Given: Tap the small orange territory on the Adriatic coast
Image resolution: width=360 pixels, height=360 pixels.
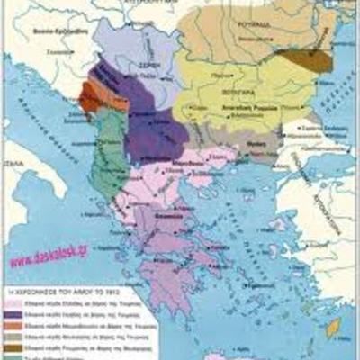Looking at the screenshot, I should pos(90,96).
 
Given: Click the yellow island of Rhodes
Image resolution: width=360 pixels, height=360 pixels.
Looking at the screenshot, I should pos(334,328).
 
